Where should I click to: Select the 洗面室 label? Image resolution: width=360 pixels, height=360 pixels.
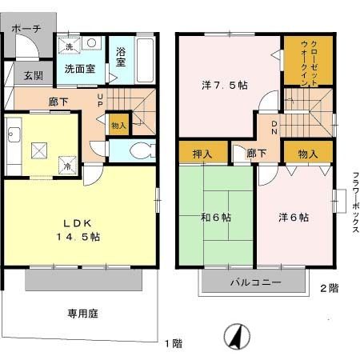pyautogui.click(x=80, y=69)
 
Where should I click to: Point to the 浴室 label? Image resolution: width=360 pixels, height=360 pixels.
pyautogui.click(x=122, y=58)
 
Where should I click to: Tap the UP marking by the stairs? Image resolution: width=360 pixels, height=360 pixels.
pyautogui.click(x=100, y=103)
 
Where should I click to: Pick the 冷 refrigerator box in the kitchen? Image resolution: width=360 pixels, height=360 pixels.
pyautogui.click(x=67, y=166)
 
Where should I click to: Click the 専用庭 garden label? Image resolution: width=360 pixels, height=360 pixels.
pyautogui.click(x=82, y=314)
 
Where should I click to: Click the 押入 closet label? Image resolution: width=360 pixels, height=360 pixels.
pyautogui.click(x=202, y=153)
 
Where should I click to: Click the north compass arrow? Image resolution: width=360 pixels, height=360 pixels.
pyautogui.click(x=236, y=337)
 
